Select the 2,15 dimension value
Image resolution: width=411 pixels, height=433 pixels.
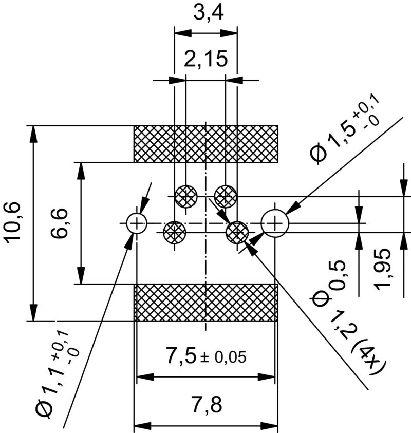coord(206,60)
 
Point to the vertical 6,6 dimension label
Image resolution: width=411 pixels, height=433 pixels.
coord(61,223)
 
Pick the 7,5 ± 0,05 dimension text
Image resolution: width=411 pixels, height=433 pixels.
coord(206,356)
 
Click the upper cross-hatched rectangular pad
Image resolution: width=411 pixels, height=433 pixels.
coord(206,143)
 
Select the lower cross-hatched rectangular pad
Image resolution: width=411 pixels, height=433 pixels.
coord(206,303)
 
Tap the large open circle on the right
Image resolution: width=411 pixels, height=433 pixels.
coord(275,223)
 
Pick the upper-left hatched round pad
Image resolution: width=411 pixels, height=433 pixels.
coord(185,196)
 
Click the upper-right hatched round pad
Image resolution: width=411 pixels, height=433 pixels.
coord(226,196)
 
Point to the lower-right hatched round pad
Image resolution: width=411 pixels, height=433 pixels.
coord(237,232)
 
